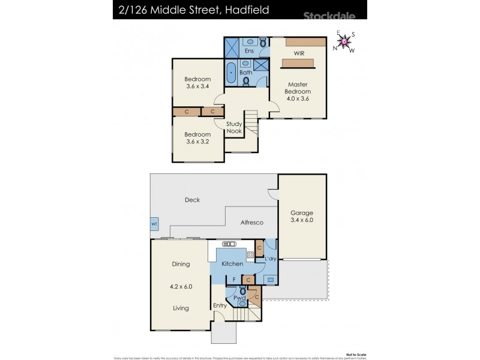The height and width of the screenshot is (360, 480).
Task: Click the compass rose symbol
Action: coord(344,41)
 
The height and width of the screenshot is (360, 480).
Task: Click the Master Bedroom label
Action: coord(298,88)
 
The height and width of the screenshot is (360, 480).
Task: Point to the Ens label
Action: coord(250,52)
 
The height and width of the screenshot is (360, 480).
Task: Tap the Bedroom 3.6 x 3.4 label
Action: coord(197,83)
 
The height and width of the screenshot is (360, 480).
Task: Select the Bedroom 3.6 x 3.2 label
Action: coord(197,137)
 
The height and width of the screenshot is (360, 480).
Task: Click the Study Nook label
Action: coord(234,128)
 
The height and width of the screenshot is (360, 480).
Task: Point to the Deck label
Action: coord(193,200)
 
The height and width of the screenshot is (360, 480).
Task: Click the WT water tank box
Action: coord(154,224)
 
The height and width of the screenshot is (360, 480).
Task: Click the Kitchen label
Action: coord(232,264)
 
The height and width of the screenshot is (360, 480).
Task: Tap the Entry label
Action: coord(220,306)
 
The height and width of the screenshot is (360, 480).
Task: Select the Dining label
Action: coord(181,264)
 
